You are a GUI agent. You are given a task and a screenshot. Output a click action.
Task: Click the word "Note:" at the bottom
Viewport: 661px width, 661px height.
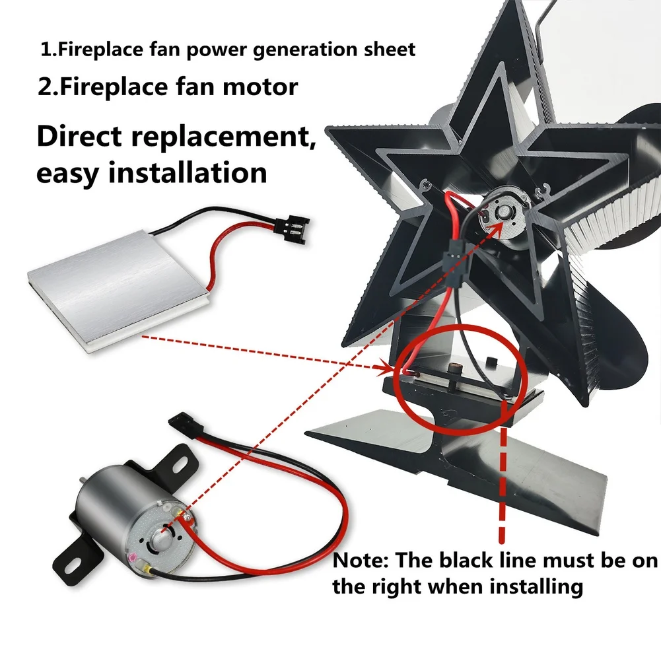pyautogui.click(x=360, y=561)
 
